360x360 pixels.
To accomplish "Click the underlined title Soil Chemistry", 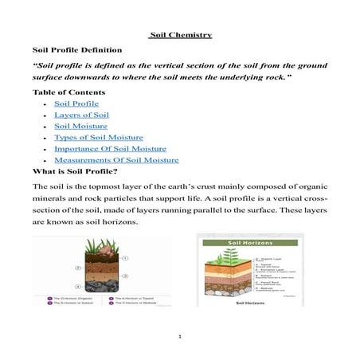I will click(180, 34).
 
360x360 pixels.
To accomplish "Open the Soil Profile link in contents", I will click(76, 104).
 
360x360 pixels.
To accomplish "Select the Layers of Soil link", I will click(82, 115).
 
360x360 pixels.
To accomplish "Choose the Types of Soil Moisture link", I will click(99, 137).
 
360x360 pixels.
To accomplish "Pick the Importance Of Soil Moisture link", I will click(110, 148).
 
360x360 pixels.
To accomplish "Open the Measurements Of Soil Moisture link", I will click(115, 159).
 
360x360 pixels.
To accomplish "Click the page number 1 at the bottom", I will click(180, 337).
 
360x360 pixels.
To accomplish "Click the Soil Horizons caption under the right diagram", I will click(249, 303).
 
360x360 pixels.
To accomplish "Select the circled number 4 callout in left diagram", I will click(76, 285).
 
